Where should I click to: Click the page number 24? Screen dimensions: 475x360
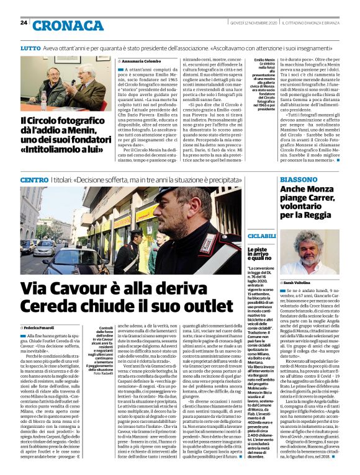24,23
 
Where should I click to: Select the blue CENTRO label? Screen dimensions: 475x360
34,180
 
